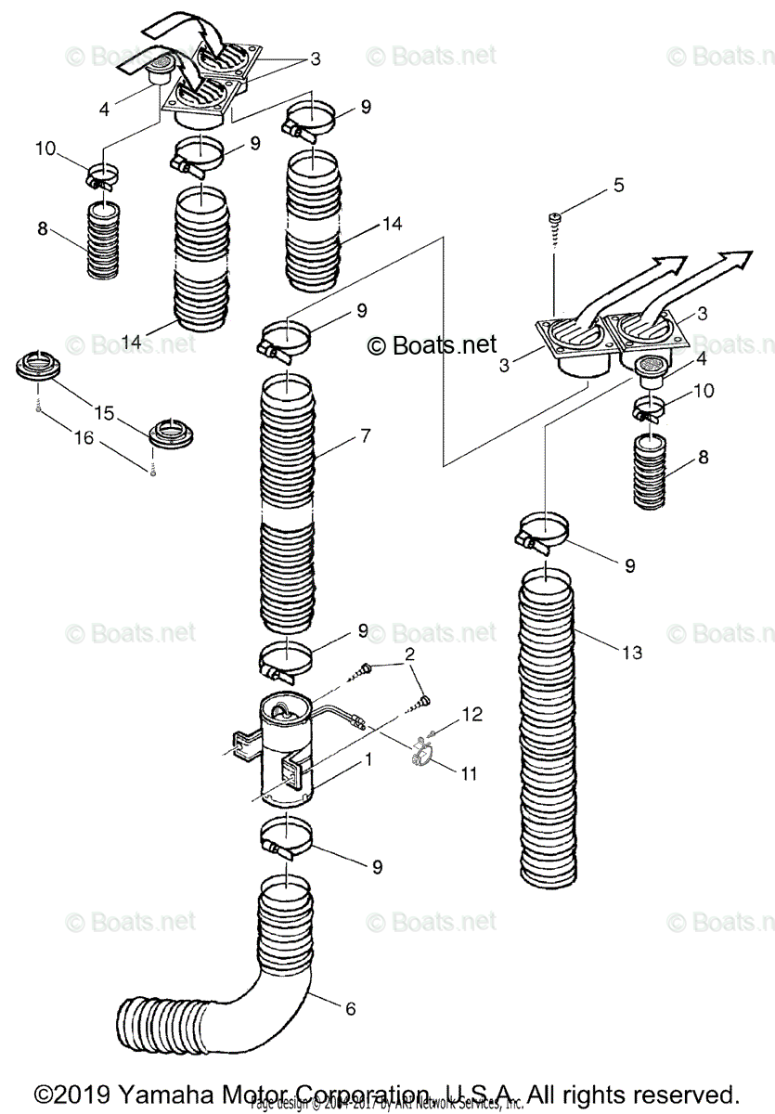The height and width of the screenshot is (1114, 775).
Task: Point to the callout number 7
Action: click(x=340, y=434)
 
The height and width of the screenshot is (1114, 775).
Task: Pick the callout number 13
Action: click(x=631, y=653)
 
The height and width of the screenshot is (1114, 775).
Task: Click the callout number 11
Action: click(x=469, y=772)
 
